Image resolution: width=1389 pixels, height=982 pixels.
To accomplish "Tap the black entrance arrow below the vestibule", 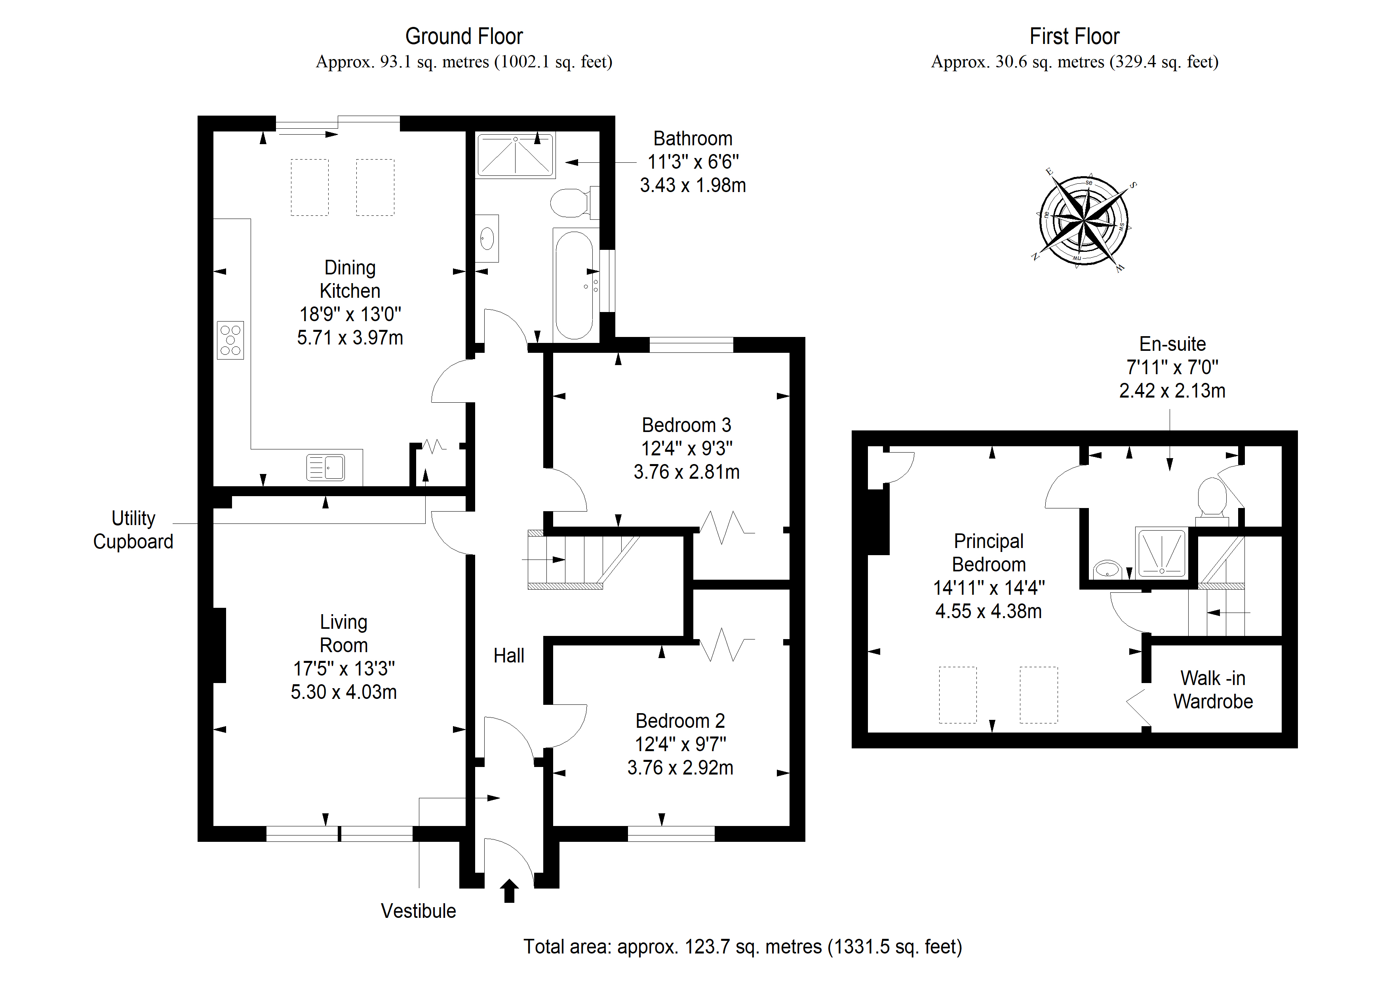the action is (x=509, y=891).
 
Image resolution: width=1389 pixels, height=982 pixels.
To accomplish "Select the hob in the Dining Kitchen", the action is (x=230, y=340).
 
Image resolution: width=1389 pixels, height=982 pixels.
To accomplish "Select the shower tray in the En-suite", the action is (x=1162, y=552).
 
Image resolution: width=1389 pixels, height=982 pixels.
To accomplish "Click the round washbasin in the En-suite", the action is (x=1108, y=569).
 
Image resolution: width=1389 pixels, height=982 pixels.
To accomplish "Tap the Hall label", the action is (x=509, y=656).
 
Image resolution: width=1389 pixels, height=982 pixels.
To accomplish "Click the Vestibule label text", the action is (x=418, y=911).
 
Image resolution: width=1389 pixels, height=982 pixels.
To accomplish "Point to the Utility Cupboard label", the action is (x=133, y=530).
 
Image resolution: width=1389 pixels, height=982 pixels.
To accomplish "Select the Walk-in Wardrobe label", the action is (x=1213, y=690).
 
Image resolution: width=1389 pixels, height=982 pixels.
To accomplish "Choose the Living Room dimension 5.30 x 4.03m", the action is (x=344, y=692).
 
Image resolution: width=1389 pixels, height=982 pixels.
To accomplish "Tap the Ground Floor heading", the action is (x=464, y=36).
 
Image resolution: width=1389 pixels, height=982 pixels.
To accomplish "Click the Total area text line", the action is (x=742, y=947).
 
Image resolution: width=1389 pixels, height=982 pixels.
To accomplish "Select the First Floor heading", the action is (x=1075, y=36).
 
